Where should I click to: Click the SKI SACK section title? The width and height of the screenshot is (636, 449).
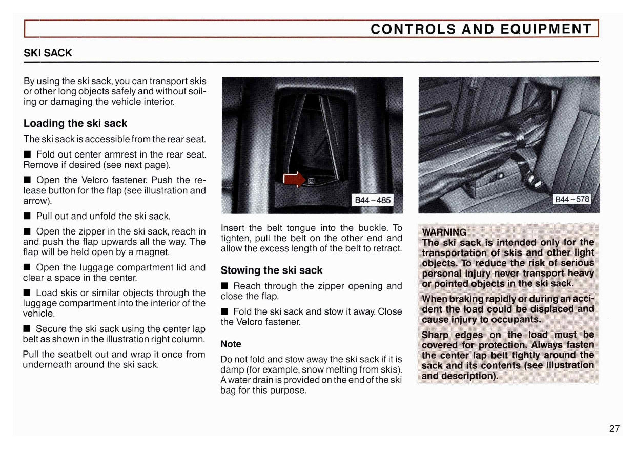tap(48, 53)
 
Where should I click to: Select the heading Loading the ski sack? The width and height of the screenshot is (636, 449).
tap(75, 123)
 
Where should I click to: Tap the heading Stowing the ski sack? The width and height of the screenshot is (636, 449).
tap(272, 270)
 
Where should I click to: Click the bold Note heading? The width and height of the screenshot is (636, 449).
tap(231, 344)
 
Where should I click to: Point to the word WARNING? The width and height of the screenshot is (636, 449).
tap(444, 232)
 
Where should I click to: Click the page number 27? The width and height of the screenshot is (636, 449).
tap(614, 429)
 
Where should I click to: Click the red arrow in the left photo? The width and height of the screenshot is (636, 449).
tap(294, 180)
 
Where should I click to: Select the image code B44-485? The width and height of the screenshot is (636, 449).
tap(373, 200)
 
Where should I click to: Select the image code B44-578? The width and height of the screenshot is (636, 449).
tap(572, 199)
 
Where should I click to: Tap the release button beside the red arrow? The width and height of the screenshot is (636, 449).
tap(311, 180)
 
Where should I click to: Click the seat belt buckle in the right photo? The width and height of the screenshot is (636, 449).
tap(534, 181)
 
